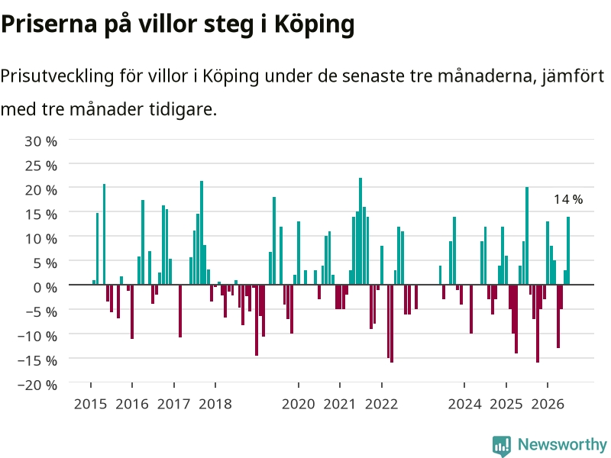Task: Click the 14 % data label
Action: click(x=568, y=199)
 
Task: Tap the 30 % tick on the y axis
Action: click(x=41, y=141)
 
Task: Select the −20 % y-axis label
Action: click(x=37, y=385)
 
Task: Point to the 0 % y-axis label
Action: click(x=45, y=288)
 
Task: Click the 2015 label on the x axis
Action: click(x=90, y=404)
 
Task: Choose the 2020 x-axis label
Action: click(x=299, y=404)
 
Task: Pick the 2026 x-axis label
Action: click(x=548, y=404)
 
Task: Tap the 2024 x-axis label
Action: click(x=464, y=404)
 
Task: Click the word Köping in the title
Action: click(x=314, y=24)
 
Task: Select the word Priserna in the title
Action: click(x=49, y=24)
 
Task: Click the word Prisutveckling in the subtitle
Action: click(x=57, y=76)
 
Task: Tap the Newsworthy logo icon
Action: click(x=502, y=446)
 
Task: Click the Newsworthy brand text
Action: click(x=562, y=444)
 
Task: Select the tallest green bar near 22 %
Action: click(x=360, y=231)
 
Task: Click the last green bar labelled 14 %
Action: click(x=568, y=251)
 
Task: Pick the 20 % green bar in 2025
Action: click(x=527, y=236)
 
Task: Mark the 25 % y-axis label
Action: click(x=41, y=166)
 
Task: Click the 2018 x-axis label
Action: click(x=215, y=404)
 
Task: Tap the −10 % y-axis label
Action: click(x=37, y=336)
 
